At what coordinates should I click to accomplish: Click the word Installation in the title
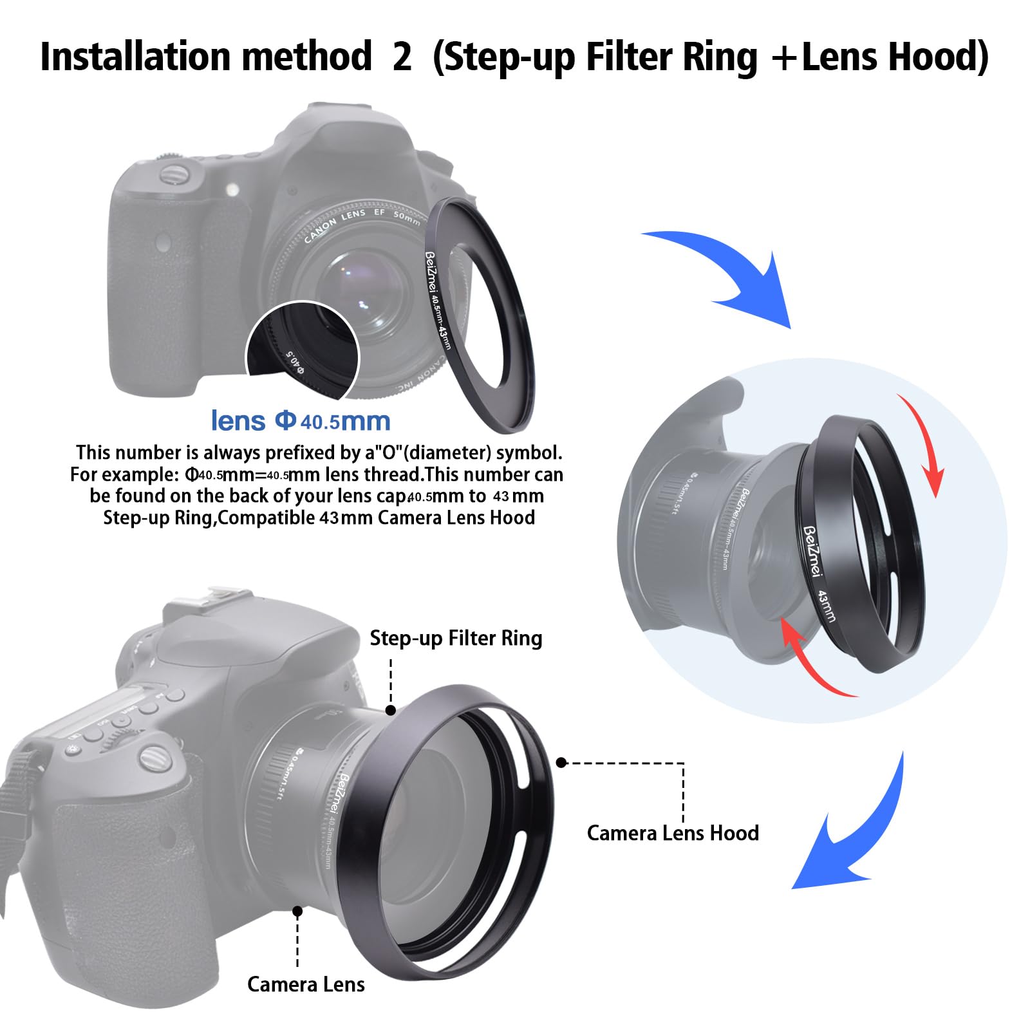132,57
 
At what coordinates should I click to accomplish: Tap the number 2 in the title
402,57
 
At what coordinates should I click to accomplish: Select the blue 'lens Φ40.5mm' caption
301,421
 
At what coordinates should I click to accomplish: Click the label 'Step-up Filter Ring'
456,638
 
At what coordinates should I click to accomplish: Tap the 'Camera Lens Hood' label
673,833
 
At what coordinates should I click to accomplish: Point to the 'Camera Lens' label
306,984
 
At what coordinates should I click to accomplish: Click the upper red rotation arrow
924,444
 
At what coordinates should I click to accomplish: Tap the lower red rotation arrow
811,663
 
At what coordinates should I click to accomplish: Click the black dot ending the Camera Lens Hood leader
561,763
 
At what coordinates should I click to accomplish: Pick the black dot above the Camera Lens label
297,912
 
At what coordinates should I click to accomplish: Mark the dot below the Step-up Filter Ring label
391,710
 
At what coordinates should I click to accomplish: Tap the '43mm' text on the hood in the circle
827,605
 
